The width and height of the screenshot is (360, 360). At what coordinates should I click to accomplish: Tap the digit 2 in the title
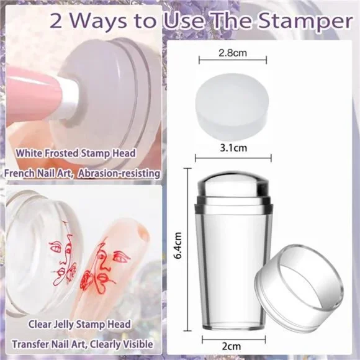tap(56, 21)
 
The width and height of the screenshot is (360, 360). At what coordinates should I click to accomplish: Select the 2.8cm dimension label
tap(233, 53)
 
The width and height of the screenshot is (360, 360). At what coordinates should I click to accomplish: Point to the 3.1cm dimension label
tap(233, 148)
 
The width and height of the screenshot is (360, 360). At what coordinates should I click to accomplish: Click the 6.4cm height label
tap(178, 245)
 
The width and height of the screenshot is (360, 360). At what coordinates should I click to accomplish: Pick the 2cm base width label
tap(232, 346)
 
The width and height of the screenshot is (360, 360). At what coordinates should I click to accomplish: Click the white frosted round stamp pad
tap(232, 107)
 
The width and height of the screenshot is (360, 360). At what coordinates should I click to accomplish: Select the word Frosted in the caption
tap(61, 153)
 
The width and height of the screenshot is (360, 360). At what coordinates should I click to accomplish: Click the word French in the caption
tap(19, 173)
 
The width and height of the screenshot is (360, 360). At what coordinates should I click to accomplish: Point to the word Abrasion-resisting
tap(119, 173)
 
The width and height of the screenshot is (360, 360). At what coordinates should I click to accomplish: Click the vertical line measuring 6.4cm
tap(188, 250)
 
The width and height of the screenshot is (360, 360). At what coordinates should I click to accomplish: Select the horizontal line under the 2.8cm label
tap(233, 60)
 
